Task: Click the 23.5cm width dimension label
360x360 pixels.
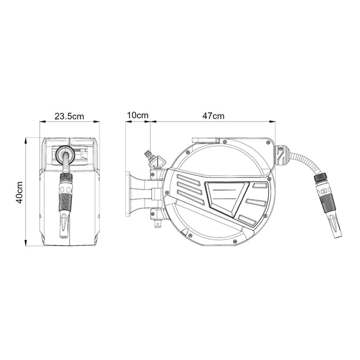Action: [x=69, y=116]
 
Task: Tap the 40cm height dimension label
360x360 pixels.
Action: [x=20, y=193]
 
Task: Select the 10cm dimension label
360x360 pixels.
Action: [x=138, y=115]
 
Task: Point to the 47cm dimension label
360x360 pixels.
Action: [x=213, y=116]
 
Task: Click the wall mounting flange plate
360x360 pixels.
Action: [x=128, y=194]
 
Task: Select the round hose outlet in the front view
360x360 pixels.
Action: [x=65, y=154]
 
